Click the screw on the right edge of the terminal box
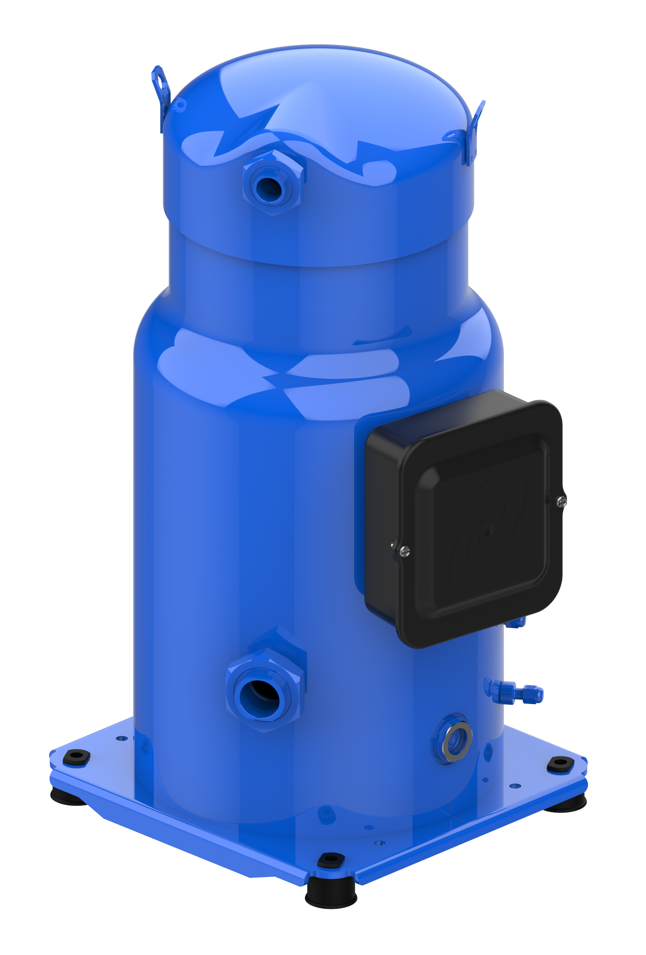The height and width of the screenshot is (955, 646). (562, 501)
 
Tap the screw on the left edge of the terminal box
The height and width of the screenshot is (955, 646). (404, 551)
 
